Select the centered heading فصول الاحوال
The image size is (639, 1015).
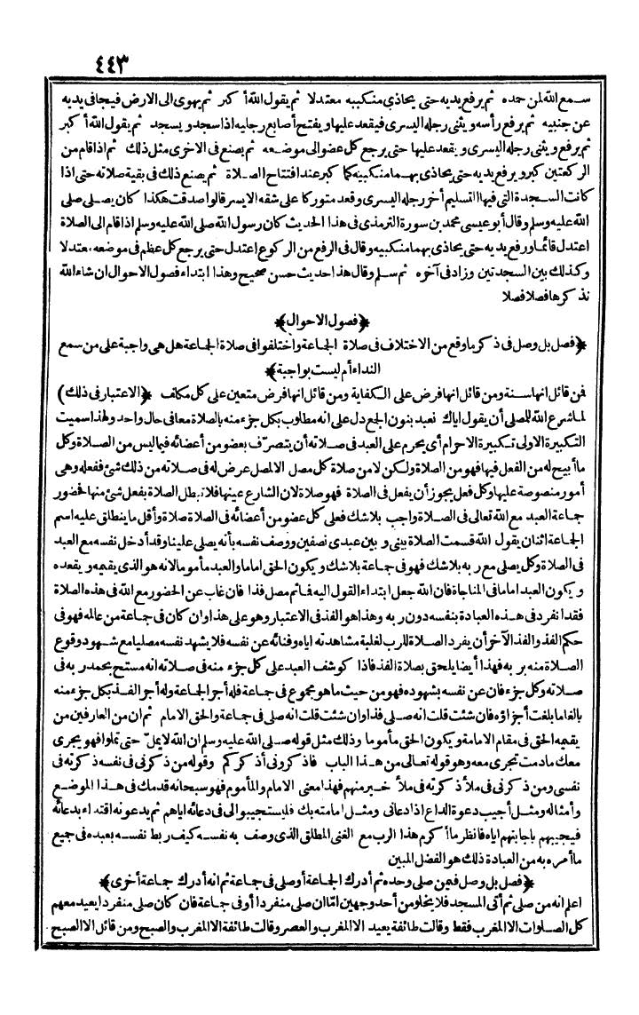coord(320,318)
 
